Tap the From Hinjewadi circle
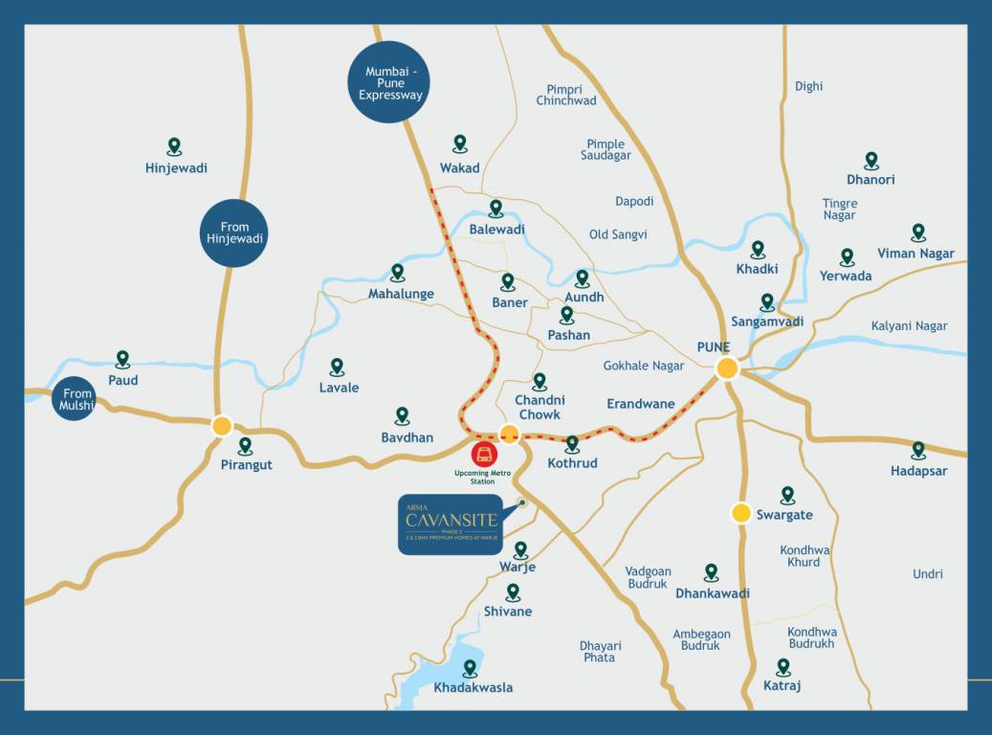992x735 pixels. pos(234,234)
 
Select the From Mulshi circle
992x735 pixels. pos(76,400)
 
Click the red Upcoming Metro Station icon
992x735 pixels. pos(484,454)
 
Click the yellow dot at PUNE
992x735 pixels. pos(727,368)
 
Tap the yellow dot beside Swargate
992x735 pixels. pos(740,513)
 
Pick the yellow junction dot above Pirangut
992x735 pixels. pos(222,426)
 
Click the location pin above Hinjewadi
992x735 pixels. pos(174,146)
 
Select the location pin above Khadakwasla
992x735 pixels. pos(470,668)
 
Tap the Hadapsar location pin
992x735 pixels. pos(918,449)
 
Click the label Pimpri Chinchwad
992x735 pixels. pos(565,95)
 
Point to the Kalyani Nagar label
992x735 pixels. pos(909,326)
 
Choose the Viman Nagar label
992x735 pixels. pos(915,254)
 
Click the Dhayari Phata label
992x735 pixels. pos(600,652)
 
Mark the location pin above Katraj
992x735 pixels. pos(783,666)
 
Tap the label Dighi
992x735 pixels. pos(808,86)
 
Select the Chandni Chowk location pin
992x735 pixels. pos(540,381)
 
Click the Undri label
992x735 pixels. pos(927,574)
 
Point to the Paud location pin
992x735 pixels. pos(122,359)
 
